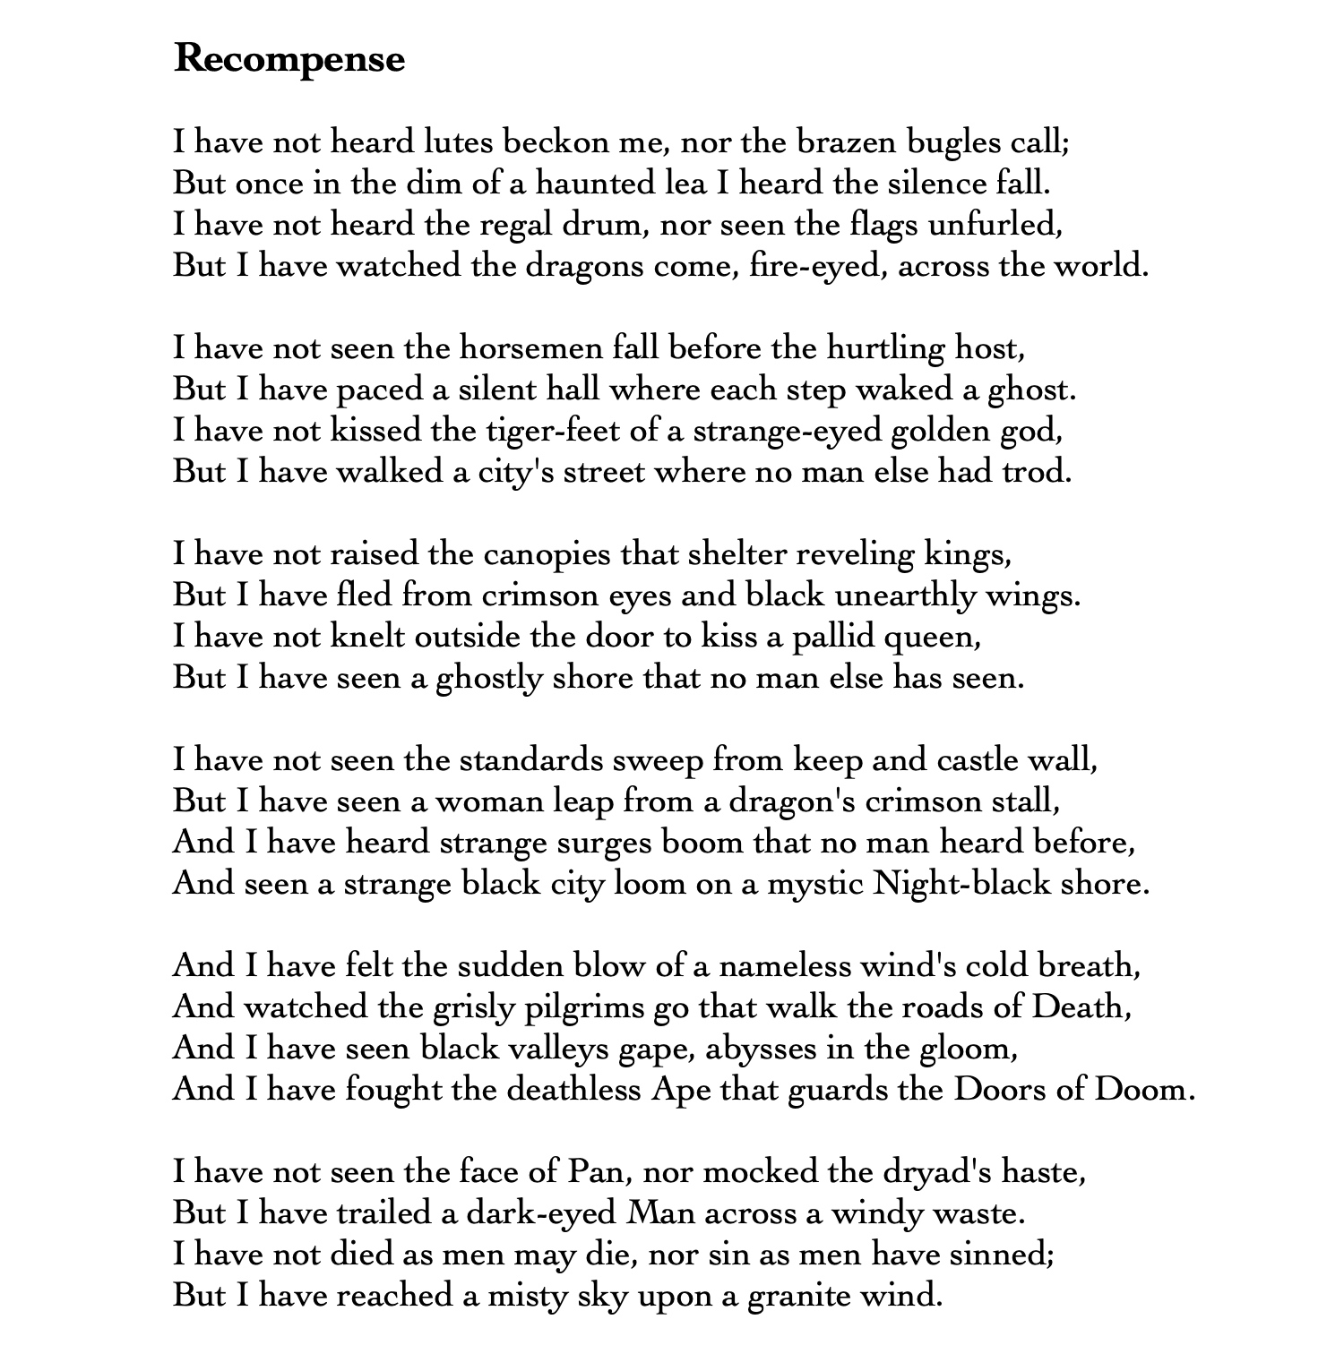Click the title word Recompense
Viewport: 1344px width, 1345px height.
coord(289,59)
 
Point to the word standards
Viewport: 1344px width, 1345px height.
coord(531,760)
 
